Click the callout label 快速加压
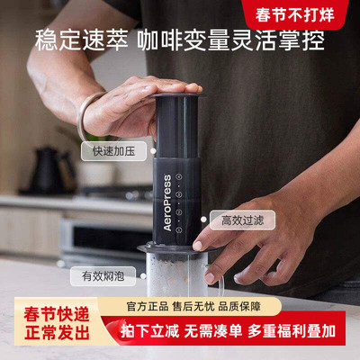point(110,151)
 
